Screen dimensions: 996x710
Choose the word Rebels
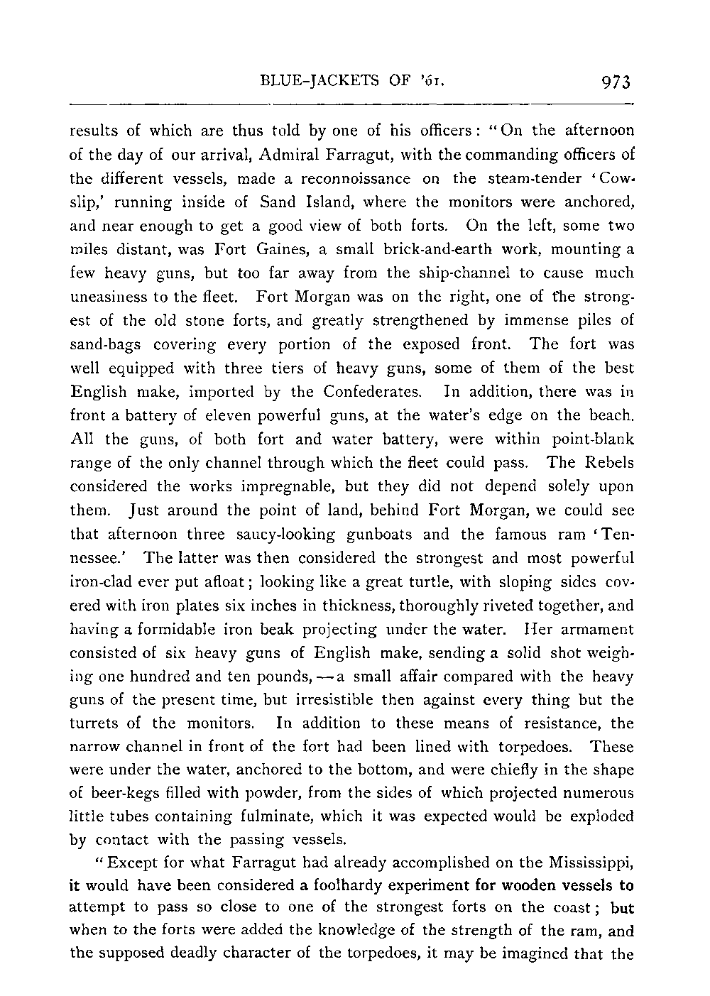pyautogui.click(x=608, y=462)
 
